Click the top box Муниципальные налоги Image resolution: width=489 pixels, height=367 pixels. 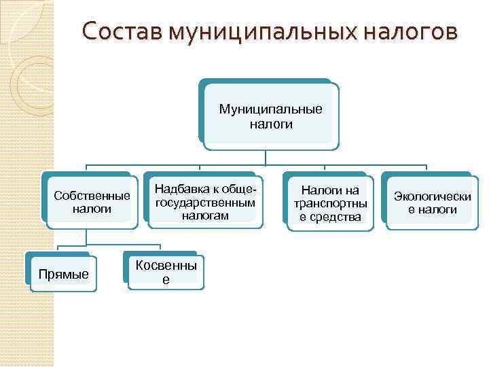[270, 116]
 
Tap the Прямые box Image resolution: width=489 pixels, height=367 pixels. [63, 274]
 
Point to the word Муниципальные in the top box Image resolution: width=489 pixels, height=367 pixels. [270, 109]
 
